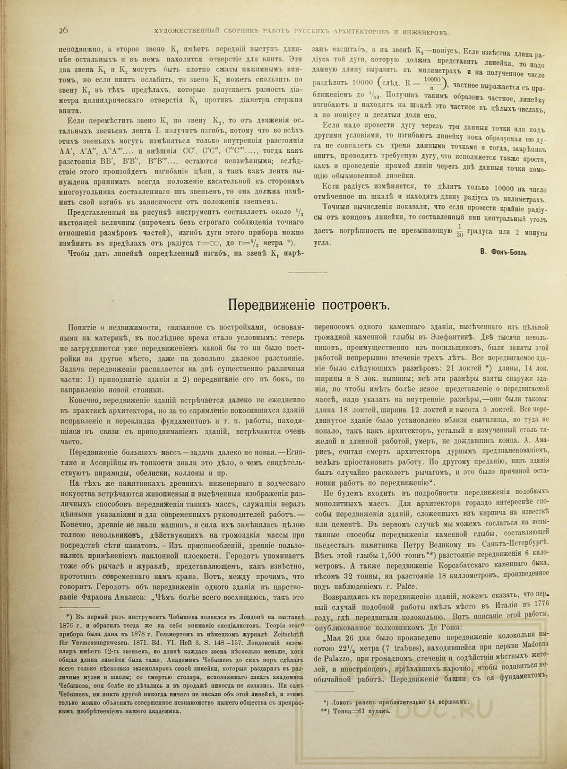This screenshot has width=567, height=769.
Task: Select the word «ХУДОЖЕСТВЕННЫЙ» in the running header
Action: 187,32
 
